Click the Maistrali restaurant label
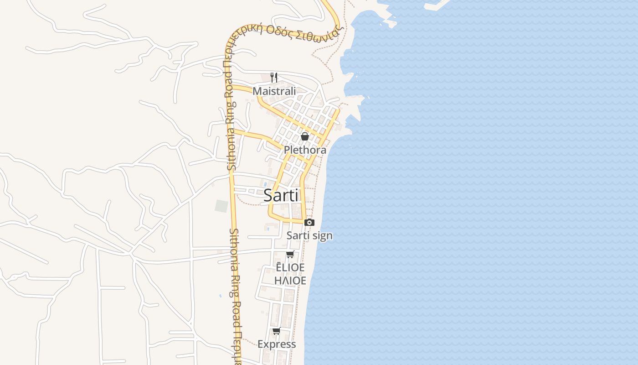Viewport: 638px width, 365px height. [274, 91]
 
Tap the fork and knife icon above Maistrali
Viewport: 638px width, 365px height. [274, 77]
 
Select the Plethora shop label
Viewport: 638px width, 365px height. [305, 150]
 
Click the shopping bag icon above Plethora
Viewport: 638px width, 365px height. [305, 136]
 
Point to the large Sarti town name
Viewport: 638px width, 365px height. [281, 195]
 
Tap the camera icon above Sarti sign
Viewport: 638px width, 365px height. [309, 222]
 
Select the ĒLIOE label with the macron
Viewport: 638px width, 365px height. [290, 267]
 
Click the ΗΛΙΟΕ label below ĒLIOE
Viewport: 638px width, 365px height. [290, 280]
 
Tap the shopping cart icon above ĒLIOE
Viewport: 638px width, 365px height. [290, 254]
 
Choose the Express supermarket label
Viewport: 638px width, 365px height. [277, 344]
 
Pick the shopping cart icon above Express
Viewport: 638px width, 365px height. [276, 331]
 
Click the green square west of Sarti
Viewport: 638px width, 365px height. [221, 206]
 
